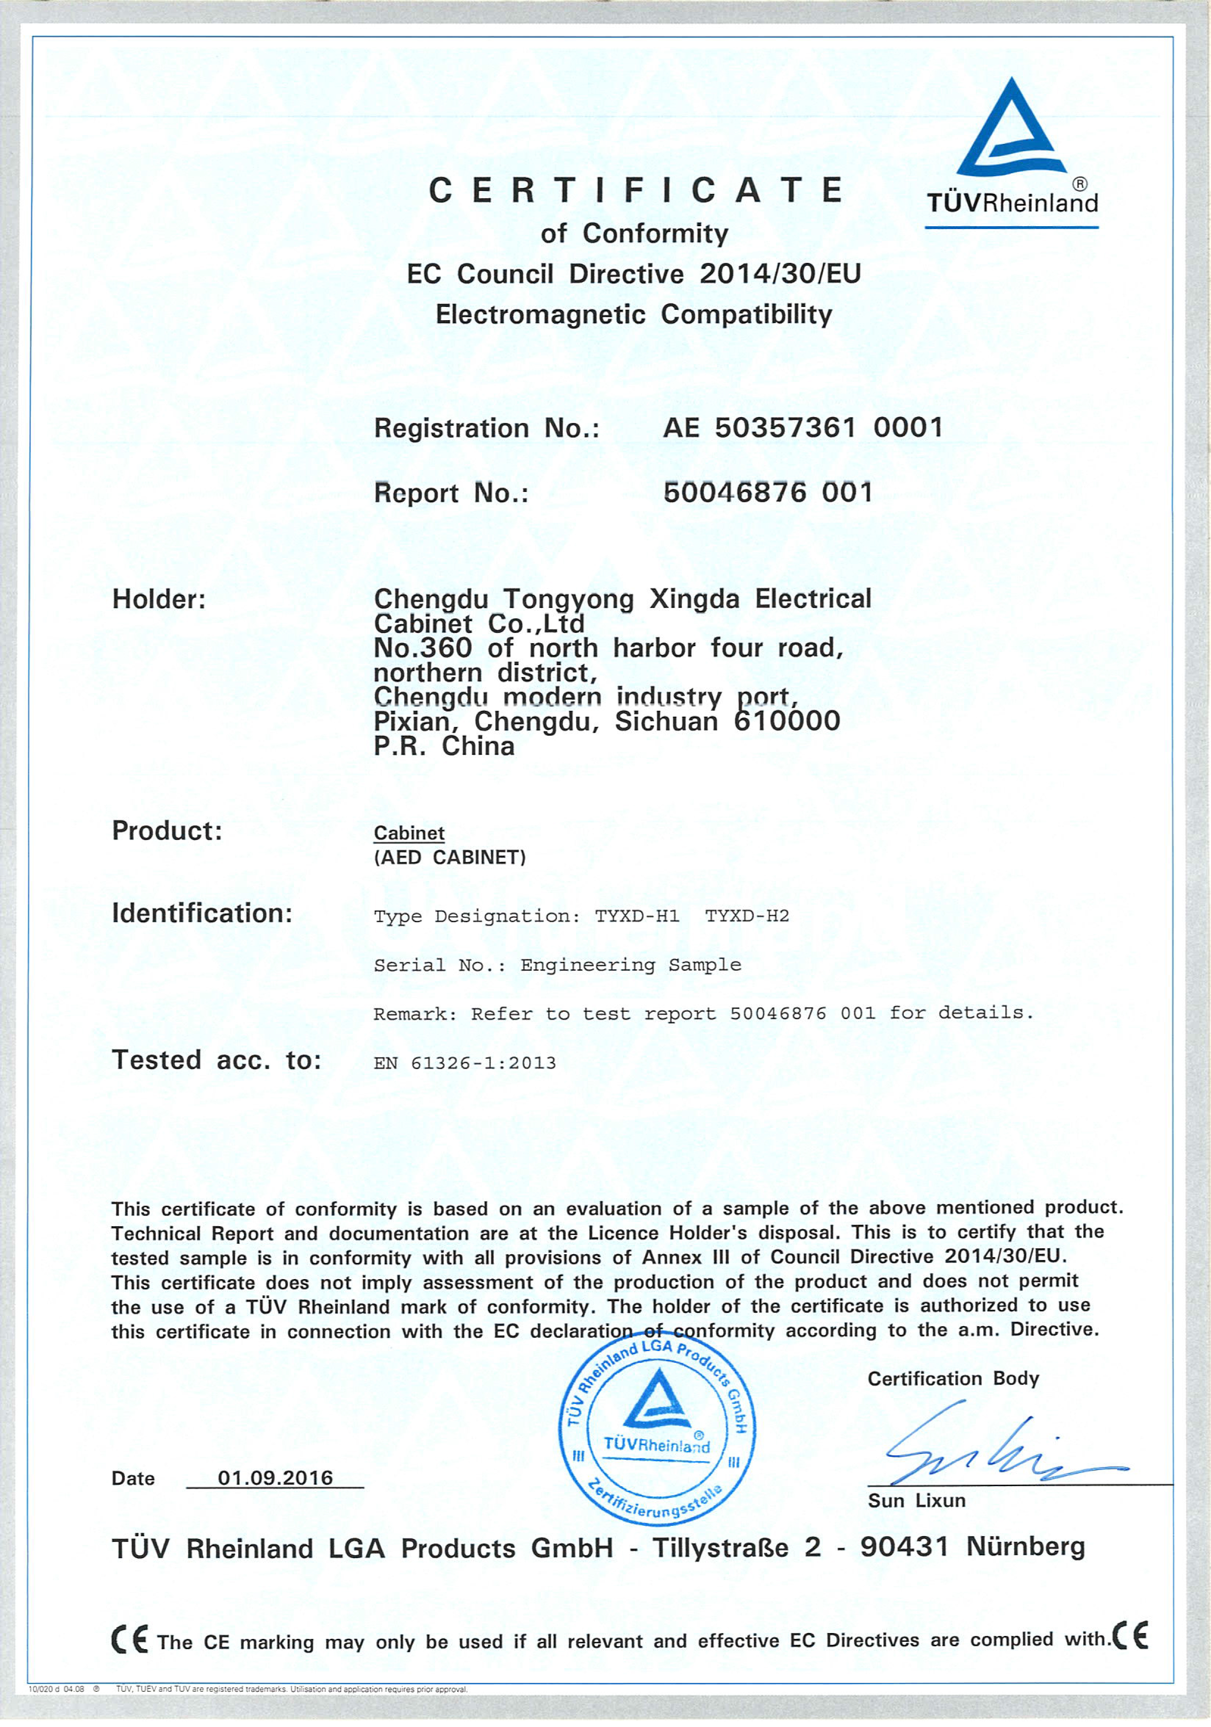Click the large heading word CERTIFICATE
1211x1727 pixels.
pos(635,190)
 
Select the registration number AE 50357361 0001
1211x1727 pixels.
pos(802,428)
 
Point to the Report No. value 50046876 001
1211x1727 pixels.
pos(768,492)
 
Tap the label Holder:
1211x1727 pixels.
pos(159,600)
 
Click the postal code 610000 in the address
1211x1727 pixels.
pos(786,722)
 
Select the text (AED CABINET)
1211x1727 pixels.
pos(449,858)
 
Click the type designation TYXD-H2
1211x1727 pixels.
pos(747,915)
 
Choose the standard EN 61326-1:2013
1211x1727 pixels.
pos(464,1063)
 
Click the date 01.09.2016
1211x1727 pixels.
pos(275,1477)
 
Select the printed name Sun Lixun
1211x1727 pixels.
pos(916,1500)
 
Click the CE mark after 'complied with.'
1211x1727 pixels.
pos(1131,1635)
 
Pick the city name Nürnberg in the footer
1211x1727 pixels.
pos(1025,1546)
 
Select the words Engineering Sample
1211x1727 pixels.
pos(630,964)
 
